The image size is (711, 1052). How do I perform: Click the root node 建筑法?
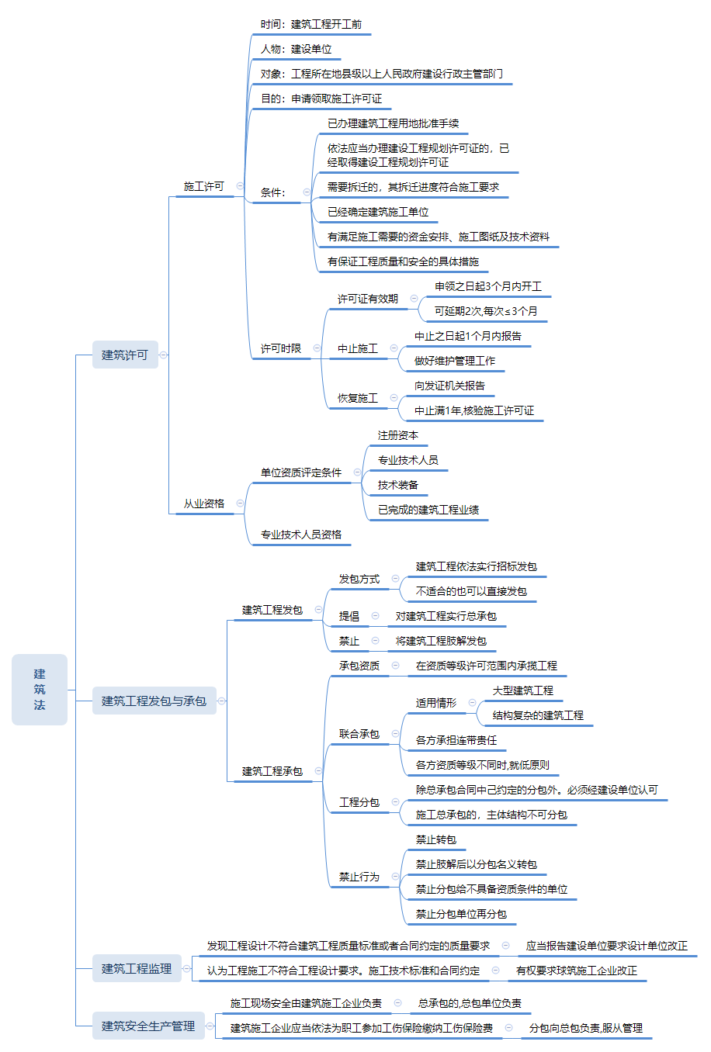(x=40, y=689)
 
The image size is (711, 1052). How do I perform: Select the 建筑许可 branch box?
(x=124, y=355)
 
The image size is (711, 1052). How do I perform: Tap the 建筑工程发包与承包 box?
(x=154, y=701)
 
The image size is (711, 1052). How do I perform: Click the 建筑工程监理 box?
(x=137, y=968)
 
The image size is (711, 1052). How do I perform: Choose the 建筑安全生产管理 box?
(x=148, y=1026)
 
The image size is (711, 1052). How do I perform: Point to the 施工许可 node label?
(x=203, y=186)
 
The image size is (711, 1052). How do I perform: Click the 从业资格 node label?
(x=203, y=504)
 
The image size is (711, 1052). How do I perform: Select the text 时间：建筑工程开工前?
(x=310, y=24)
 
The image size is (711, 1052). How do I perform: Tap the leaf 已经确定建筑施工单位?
(x=378, y=212)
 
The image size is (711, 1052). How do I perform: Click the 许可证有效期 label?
(x=367, y=299)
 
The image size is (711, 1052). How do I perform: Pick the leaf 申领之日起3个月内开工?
(x=488, y=286)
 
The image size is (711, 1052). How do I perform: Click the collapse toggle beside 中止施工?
(x=394, y=348)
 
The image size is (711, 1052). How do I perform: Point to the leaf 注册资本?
(x=397, y=435)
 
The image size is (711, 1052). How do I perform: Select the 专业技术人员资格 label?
(x=301, y=535)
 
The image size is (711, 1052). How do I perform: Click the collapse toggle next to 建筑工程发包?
(x=318, y=610)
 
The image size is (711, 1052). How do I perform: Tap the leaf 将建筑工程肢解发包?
(x=441, y=641)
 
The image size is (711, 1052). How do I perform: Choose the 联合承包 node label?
(x=359, y=734)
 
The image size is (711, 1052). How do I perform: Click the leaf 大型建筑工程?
(x=523, y=690)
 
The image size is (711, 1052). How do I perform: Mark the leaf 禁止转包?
(x=436, y=839)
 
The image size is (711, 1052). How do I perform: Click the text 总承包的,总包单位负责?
(x=470, y=1003)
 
